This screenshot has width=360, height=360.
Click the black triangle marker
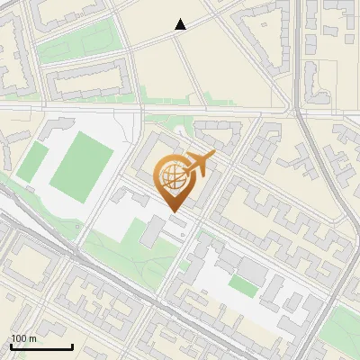point(180,25)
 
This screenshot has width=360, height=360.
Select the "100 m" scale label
point(23,338)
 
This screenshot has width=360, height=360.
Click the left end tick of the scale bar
point(11,346)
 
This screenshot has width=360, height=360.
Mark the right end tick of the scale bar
point(72,346)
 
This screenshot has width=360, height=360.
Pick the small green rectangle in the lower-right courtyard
point(242,285)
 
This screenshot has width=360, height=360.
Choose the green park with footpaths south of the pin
point(135,256)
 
